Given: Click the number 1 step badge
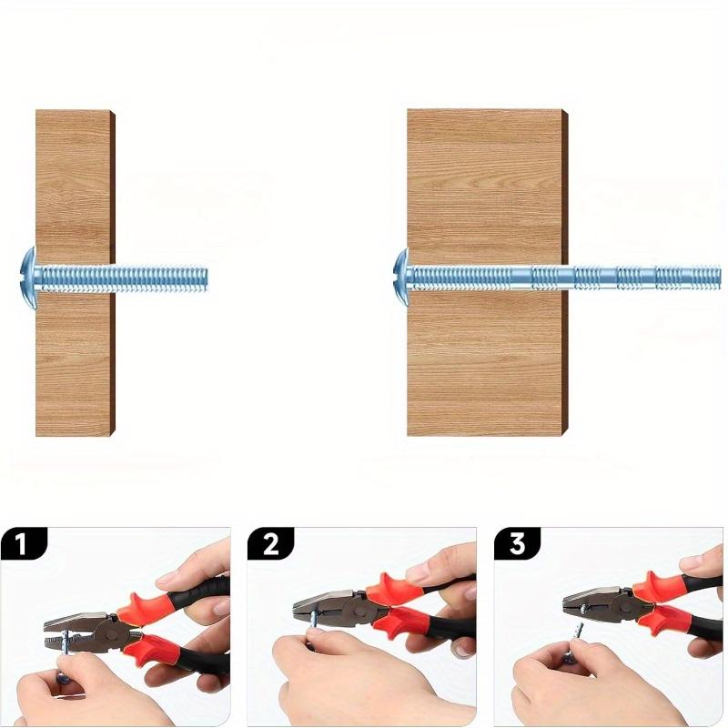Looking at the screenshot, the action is [x=24, y=543].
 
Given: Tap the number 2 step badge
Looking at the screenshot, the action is [x=270, y=543].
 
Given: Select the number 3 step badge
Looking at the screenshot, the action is [x=517, y=543].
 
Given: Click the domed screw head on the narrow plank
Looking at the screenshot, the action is [x=29, y=278].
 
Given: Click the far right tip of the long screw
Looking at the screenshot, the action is [x=720, y=278].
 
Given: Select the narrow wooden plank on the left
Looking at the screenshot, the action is [x=76, y=273].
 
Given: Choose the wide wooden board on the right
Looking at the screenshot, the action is [x=488, y=273].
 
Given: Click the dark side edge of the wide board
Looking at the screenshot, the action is [x=565, y=273].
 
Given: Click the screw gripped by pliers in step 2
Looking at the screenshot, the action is [x=315, y=619].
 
